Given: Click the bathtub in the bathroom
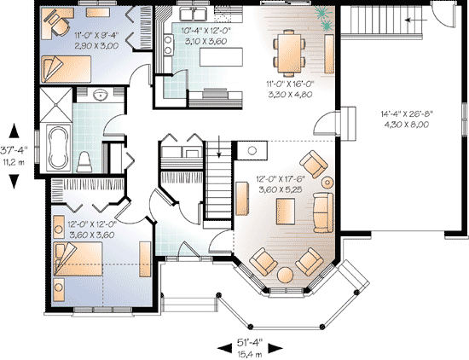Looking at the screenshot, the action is (58, 148).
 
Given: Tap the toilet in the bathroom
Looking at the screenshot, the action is (84, 162).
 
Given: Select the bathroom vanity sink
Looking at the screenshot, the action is (101, 96).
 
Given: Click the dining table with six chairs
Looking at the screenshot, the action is (289, 52).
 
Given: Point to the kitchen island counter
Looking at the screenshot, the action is (221, 57).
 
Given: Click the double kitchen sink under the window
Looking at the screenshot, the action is (194, 14).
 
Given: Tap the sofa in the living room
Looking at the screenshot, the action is (323, 212).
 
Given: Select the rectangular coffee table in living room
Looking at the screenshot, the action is (286, 212).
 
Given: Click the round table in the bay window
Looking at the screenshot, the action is (285, 275).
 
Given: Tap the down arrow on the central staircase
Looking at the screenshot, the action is (219, 147).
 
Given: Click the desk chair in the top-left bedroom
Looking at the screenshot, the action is (58, 23).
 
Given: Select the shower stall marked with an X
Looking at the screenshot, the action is (56, 105).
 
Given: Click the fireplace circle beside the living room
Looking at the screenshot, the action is (252, 150).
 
